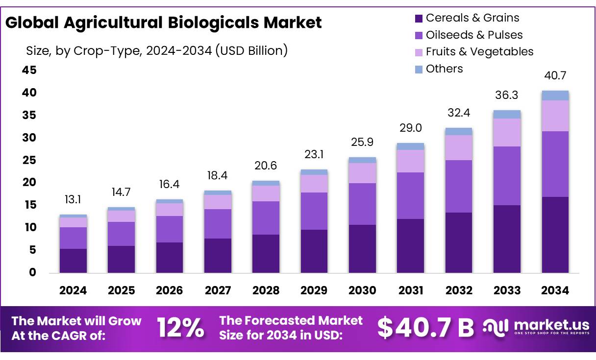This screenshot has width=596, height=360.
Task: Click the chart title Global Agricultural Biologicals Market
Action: (x=164, y=23)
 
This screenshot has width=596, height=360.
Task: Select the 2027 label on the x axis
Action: (x=218, y=290)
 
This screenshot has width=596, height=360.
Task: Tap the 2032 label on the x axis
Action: (x=459, y=290)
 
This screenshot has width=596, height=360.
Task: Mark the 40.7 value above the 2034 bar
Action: (x=555, y=76)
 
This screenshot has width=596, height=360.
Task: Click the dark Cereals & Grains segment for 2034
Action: (x=555, y=235)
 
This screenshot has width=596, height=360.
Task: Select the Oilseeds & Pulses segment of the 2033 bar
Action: (x=507, y=175)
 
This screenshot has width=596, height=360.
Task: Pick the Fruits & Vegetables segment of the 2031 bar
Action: (x=410, y=161)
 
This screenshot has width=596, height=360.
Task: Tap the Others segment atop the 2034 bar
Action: (x=555, y=96)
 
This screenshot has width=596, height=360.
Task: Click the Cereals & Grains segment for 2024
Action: (x=73, y=261)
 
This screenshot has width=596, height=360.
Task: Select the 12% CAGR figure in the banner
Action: (x=180, y=328)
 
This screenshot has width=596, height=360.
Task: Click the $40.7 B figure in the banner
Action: (x=425, y=328)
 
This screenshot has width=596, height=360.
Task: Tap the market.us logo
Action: (x=537, y=327)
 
